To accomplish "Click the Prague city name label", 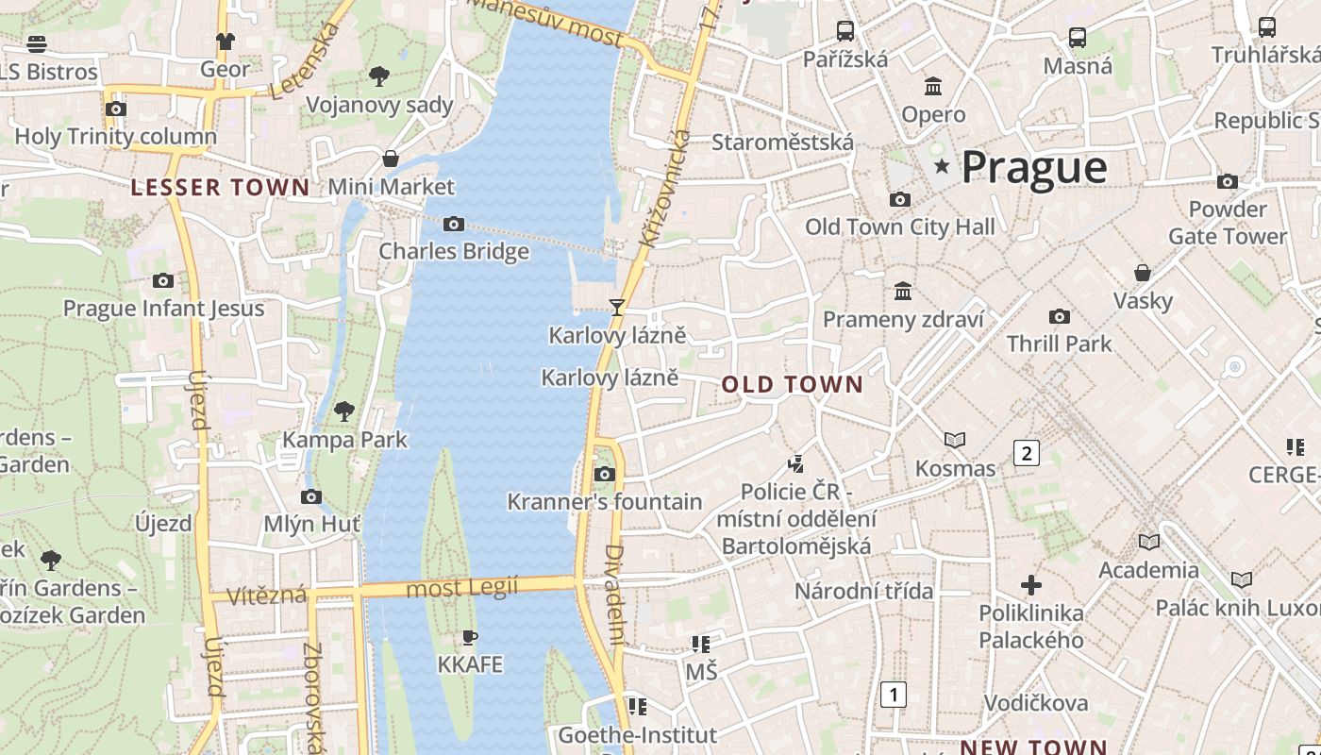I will tap(1033, 167).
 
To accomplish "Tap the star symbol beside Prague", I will tap(941, 167).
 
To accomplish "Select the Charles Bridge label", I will tap(454, 252).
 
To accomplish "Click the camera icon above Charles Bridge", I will tap(454, 224).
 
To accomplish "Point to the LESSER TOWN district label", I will tap(220, 188).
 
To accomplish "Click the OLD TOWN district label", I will tap(793, 384).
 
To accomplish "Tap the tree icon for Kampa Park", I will tap(344, 411).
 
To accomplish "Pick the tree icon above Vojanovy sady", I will tap(379, 75).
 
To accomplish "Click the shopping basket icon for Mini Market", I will tap(390, 158).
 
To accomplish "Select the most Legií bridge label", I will tap(462, 588).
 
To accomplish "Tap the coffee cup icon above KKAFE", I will tap(469, 637).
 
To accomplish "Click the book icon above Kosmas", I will tap(955, 440).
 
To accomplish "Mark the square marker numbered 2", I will tap(1026, 453).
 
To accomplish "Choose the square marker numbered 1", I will tap(893, 695).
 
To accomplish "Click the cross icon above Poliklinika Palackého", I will tap(1031, 585).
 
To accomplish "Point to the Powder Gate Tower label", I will tap(1227, 222).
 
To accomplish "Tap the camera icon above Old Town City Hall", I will tap(900, 199).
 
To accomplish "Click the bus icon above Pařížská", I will tap(845, 30).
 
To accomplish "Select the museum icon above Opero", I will tap(933, 87).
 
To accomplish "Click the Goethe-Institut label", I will tap(638, 734).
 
